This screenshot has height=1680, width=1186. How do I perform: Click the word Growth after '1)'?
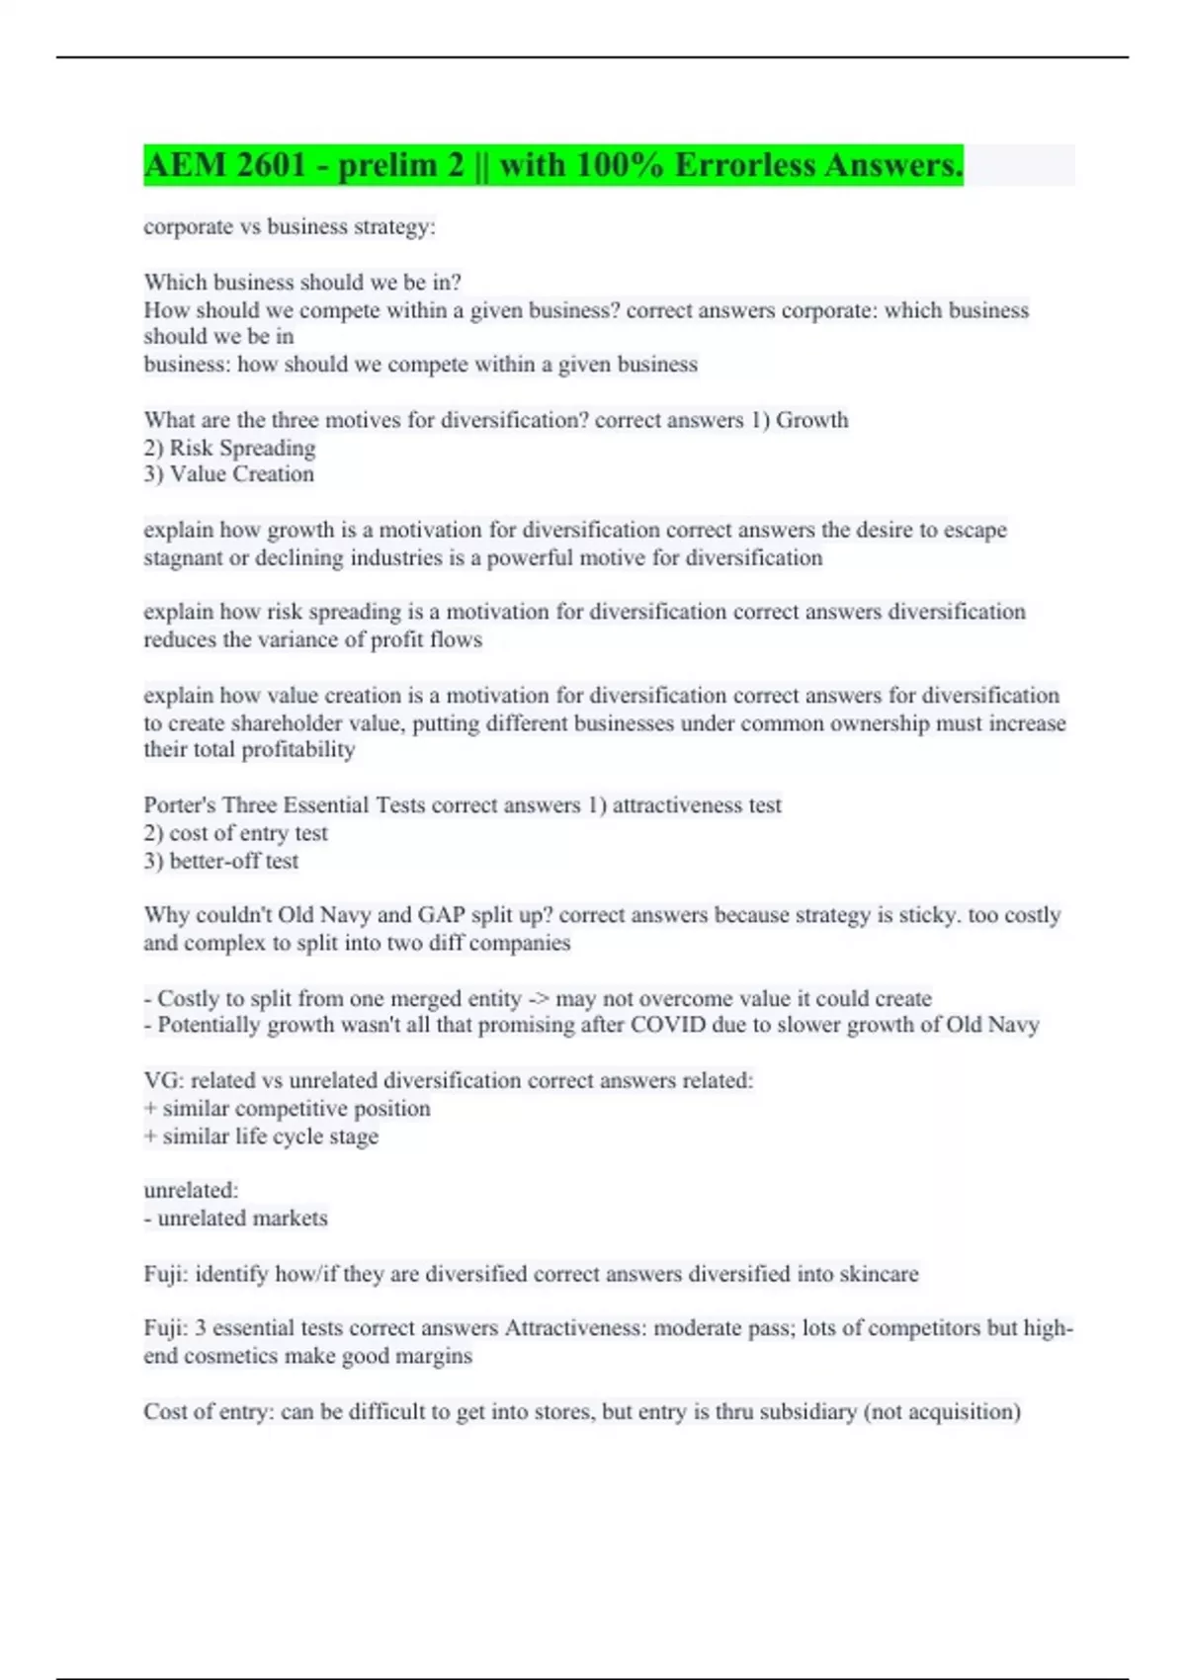pos(812,420)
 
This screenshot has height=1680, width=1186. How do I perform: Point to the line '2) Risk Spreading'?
pos(229,448)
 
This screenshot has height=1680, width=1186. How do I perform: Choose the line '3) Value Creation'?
pos(228,474)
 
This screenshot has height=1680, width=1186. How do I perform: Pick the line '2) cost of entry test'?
pos(235,833)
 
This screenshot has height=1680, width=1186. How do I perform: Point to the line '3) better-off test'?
pos(220,861)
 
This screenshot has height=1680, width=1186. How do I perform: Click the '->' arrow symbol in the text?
pos(538,999)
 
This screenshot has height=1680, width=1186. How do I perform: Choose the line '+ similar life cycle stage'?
pos(261,1136)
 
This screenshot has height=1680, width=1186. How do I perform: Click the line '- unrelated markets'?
pos(235,1218)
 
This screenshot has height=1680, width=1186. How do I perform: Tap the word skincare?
pos(879,1274)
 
